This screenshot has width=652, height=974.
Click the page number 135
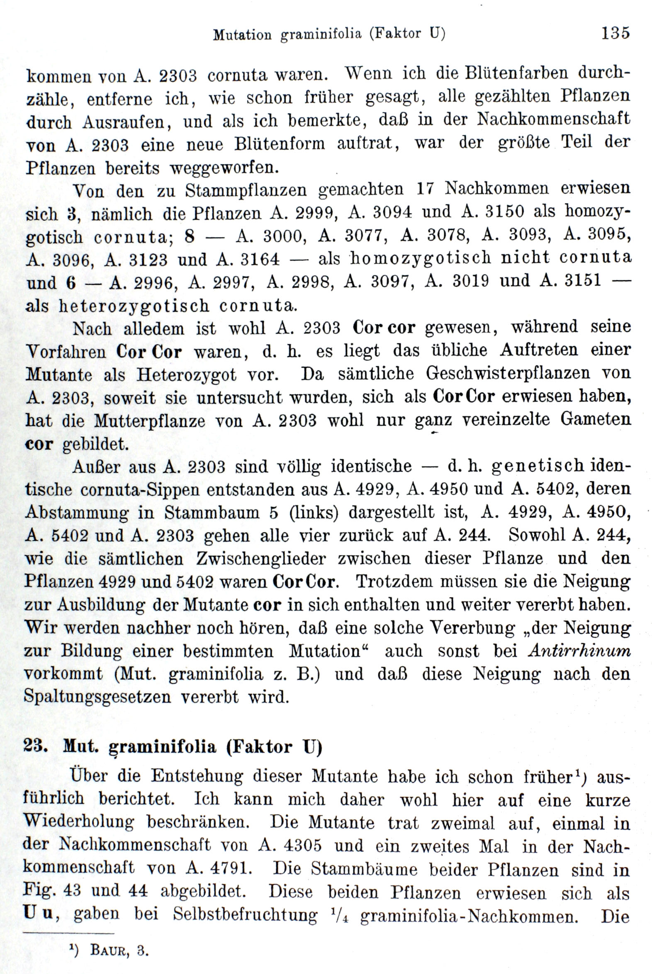coord(615,33)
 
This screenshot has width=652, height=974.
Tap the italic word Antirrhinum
coord(579,651)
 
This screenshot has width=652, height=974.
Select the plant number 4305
coord(302,845)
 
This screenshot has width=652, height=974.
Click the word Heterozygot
coord(187,374)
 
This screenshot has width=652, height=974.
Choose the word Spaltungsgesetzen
coord(97,697)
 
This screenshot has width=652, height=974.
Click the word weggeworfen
coord(224,168)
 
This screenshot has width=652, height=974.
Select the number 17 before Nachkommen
coord(425,189)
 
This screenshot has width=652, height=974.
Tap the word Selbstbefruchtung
coord(245,915)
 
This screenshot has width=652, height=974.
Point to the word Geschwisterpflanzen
coord(508,373)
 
